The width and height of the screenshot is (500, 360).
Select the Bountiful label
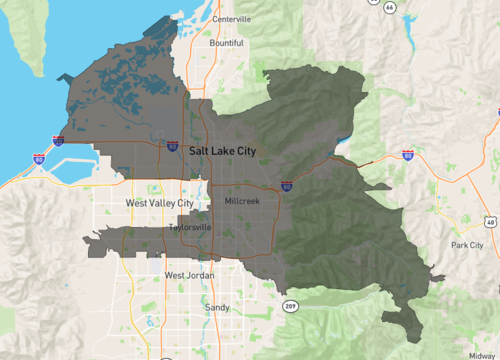point(226,43)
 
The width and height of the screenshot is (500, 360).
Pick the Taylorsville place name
point(190,227)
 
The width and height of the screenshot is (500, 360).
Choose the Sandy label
point(216,308)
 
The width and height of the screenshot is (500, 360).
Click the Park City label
point(467,245)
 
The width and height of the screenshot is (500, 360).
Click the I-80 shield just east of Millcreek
point(286,186)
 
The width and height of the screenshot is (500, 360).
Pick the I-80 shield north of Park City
point(408,154)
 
